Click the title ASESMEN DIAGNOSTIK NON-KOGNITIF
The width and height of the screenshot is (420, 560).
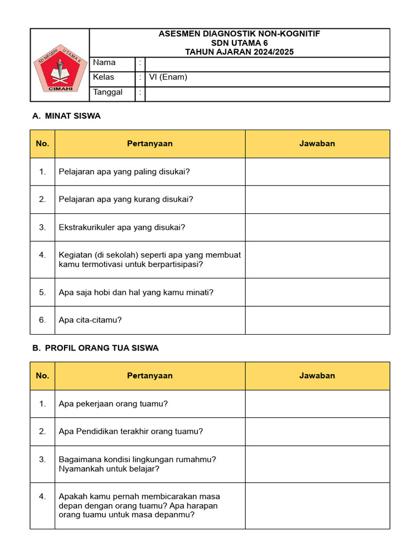239,34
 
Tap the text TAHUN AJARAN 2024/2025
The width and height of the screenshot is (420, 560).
239,52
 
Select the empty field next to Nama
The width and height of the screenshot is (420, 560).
267,63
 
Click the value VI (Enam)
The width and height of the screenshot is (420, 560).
168,77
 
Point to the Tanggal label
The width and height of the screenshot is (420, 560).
108,92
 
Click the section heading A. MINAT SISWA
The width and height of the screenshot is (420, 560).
66,116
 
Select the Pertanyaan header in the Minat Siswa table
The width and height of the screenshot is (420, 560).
150,144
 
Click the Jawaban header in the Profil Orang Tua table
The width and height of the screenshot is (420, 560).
317,376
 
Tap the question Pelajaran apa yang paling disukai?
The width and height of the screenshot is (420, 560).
124,172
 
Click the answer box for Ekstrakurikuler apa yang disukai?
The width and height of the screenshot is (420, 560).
317,227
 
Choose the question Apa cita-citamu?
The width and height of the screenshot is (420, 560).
90,320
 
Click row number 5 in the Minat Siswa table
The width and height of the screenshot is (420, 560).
43,293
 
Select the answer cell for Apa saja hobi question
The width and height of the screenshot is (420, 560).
317,293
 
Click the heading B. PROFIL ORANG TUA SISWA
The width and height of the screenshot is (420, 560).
95,348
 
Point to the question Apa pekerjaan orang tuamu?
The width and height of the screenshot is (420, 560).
113,404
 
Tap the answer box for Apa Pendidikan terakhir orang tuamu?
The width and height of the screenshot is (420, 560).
317,431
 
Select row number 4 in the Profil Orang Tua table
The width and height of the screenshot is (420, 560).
43,497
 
